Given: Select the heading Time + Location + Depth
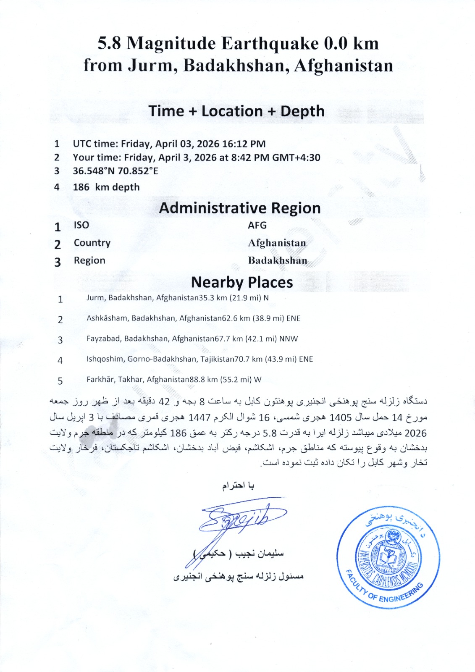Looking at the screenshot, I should point(236,111).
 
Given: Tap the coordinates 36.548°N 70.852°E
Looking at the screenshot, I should point(115,171).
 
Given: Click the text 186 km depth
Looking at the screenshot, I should point(106,187).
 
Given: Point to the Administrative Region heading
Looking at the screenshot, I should point(240,208).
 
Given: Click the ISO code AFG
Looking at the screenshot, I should point(257,226).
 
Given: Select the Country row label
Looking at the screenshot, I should point(92,243).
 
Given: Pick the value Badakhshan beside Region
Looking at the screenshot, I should point(278,261).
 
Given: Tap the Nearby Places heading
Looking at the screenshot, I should point(242,283).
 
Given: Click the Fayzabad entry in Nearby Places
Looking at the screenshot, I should point(192,339).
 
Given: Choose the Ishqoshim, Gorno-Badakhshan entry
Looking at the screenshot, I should point(199,360).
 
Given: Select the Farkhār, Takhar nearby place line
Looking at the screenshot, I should point(174,380).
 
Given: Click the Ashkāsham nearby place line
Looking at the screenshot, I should point(193,318).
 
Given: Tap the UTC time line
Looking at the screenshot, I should point(169,144).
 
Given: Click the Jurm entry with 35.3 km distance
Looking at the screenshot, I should point(177,298).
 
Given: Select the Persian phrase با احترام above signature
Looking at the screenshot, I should point(238,486).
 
